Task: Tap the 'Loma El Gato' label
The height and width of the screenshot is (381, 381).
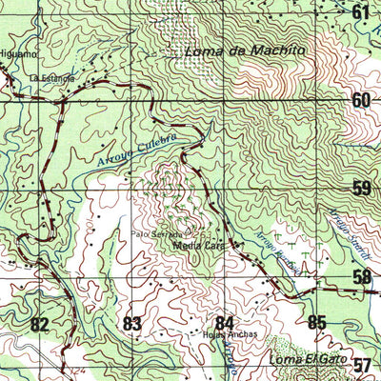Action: tap(303, 359)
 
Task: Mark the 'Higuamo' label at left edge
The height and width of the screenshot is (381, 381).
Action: tap(16, 54)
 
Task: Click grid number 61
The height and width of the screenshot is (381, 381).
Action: tap(360, 12)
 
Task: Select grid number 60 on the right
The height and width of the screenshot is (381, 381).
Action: tap(360, 101)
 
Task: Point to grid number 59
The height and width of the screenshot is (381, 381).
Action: tap(361, 189)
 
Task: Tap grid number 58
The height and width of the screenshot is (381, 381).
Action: tap(362, 277)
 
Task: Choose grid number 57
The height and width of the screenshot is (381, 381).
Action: tap(362, 365)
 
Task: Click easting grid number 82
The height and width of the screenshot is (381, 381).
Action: tap(39, 325)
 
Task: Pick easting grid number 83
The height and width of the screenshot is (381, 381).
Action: tap(131, 325)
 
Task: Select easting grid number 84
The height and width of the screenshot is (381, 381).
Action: tap(225, 323)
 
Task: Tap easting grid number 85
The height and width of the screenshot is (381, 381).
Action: tap(317, 322)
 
